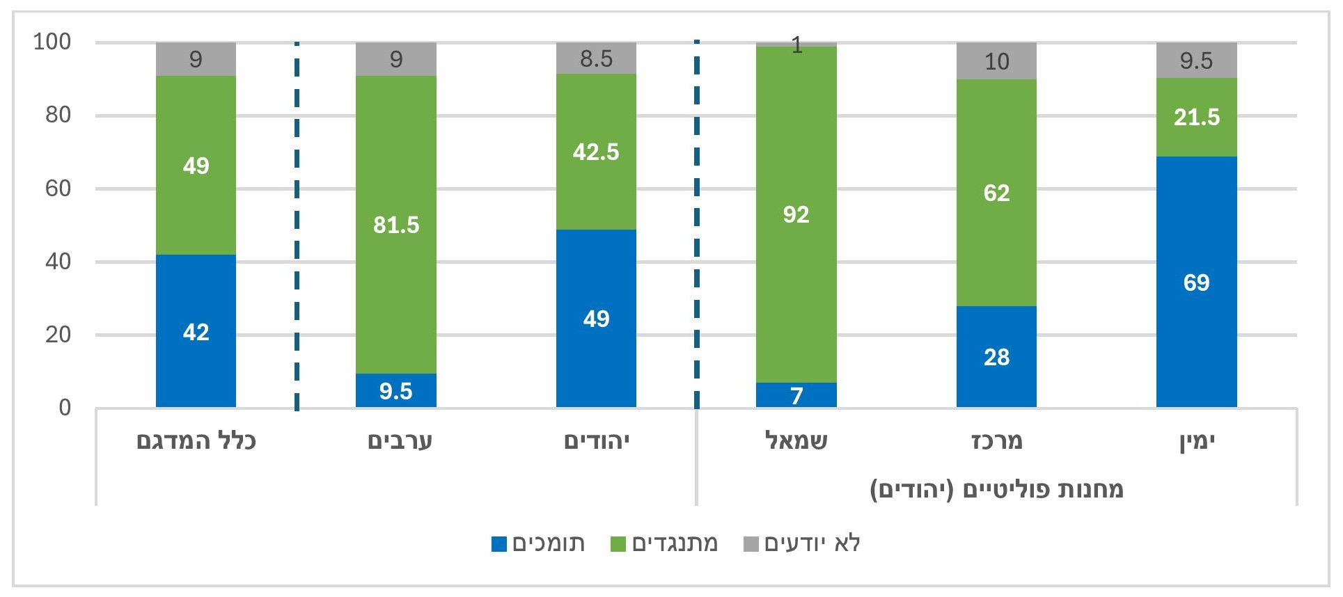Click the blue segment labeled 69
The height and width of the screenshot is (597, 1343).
1196,282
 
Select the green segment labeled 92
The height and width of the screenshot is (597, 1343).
796,214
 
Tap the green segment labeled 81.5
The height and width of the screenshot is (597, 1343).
395,225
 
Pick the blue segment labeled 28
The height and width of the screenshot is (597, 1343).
996,356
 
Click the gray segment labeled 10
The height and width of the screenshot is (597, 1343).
996,61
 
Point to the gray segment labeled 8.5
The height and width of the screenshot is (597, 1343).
596,58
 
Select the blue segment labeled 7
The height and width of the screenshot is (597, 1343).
796,395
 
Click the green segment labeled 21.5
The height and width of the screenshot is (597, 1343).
1196,117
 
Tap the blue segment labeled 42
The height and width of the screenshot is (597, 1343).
196,331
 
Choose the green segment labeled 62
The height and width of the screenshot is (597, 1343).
996,193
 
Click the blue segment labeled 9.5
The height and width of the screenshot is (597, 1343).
395,391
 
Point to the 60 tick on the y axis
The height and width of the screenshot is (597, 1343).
58,189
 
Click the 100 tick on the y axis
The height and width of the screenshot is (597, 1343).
52,42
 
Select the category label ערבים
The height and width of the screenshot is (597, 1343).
400,441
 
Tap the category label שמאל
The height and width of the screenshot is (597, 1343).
796,441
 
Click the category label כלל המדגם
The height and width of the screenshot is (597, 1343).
196,441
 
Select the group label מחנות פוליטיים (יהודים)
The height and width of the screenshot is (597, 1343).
996,489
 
